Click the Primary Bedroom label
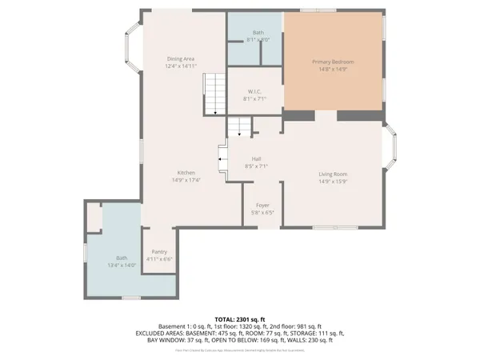[x=333, y=62]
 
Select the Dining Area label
[x=180, y=58]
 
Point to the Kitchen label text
[x=186, y=173]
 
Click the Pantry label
[x=159, y=252]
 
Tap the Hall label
[x=257, y=158]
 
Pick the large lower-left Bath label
[x=122, y=258]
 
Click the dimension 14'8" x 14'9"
[x=333, y=69]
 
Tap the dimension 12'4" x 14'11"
[x=180, y=66]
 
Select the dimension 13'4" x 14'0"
[x=122, y=265]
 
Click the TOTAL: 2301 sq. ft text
[x=240, y=320]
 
